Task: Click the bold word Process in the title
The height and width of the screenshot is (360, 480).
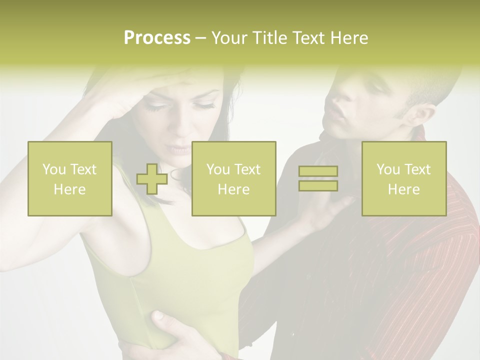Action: [157, 38]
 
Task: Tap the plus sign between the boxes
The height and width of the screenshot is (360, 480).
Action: [152, 179]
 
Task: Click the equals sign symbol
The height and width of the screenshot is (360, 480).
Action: [318, 178]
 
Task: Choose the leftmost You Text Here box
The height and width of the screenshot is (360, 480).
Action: [70, 179]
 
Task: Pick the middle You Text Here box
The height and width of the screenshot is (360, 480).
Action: [234, 179]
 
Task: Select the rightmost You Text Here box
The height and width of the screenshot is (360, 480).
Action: [404, 179]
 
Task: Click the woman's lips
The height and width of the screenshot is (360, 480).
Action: [176, 149]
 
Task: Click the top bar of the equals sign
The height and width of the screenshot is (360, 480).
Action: [318, 171]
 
